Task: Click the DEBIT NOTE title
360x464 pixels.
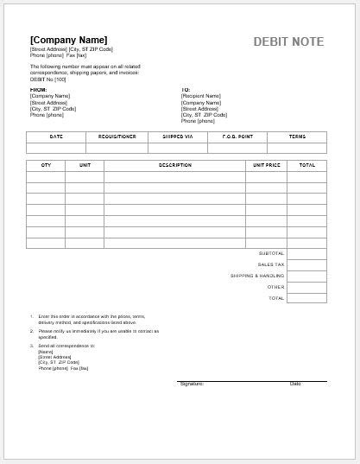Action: (289, 41)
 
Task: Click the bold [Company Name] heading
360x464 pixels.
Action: (68, 40)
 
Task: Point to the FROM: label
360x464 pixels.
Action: (38, 89)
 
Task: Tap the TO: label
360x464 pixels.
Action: (185, 89)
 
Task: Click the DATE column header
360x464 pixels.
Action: (56, 137)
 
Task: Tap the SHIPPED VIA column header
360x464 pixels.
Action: (176, 137)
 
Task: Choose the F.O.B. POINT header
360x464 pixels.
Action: (237, 137)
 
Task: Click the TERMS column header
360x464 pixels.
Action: (297, 137)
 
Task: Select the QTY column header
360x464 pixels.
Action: (45, 164)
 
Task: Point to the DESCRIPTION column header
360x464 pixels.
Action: (174, 164)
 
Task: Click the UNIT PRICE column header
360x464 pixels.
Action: (267, 164)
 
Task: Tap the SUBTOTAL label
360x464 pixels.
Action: (271, 253)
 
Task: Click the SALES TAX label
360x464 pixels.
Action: (270, 264)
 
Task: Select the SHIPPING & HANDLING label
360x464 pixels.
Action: (257, 276)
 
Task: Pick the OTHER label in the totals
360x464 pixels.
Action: (275, 287)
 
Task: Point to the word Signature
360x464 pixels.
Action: (191, 384)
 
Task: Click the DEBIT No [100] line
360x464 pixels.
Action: (48, 79)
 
